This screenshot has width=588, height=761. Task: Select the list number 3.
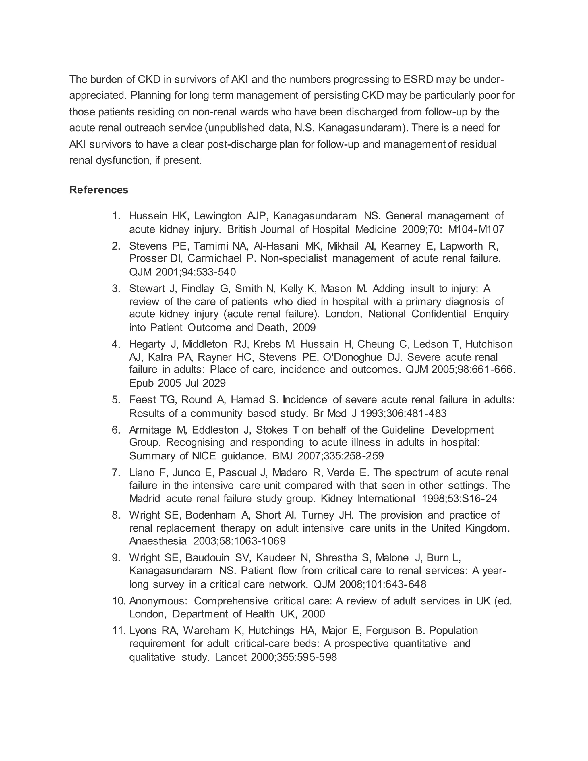tap(116, 289)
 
